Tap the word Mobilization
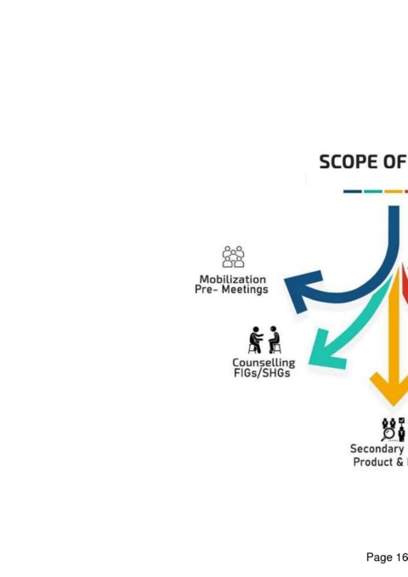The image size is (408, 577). coord(233,280)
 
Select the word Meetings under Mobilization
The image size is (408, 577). coord(245,290)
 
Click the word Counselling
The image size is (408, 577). coord(263,363)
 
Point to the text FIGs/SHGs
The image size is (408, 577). coord(262,373)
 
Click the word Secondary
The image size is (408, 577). coord(377,449)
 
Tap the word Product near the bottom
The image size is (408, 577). coord(373,462)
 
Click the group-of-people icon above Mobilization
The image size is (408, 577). coord(233,257)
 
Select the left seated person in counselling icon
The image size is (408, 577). coord(256,340)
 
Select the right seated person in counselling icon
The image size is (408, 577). coord(275,340)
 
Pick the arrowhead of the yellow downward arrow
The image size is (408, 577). coord(394,388)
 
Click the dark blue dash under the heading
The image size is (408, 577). coord(353,191)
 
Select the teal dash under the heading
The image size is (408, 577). coord(373,191)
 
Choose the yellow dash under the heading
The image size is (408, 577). coord(394,191)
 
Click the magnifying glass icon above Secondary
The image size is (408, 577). coord(388,434)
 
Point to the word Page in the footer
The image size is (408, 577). coord(380,557)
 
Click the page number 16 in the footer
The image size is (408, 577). coord(402,557)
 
